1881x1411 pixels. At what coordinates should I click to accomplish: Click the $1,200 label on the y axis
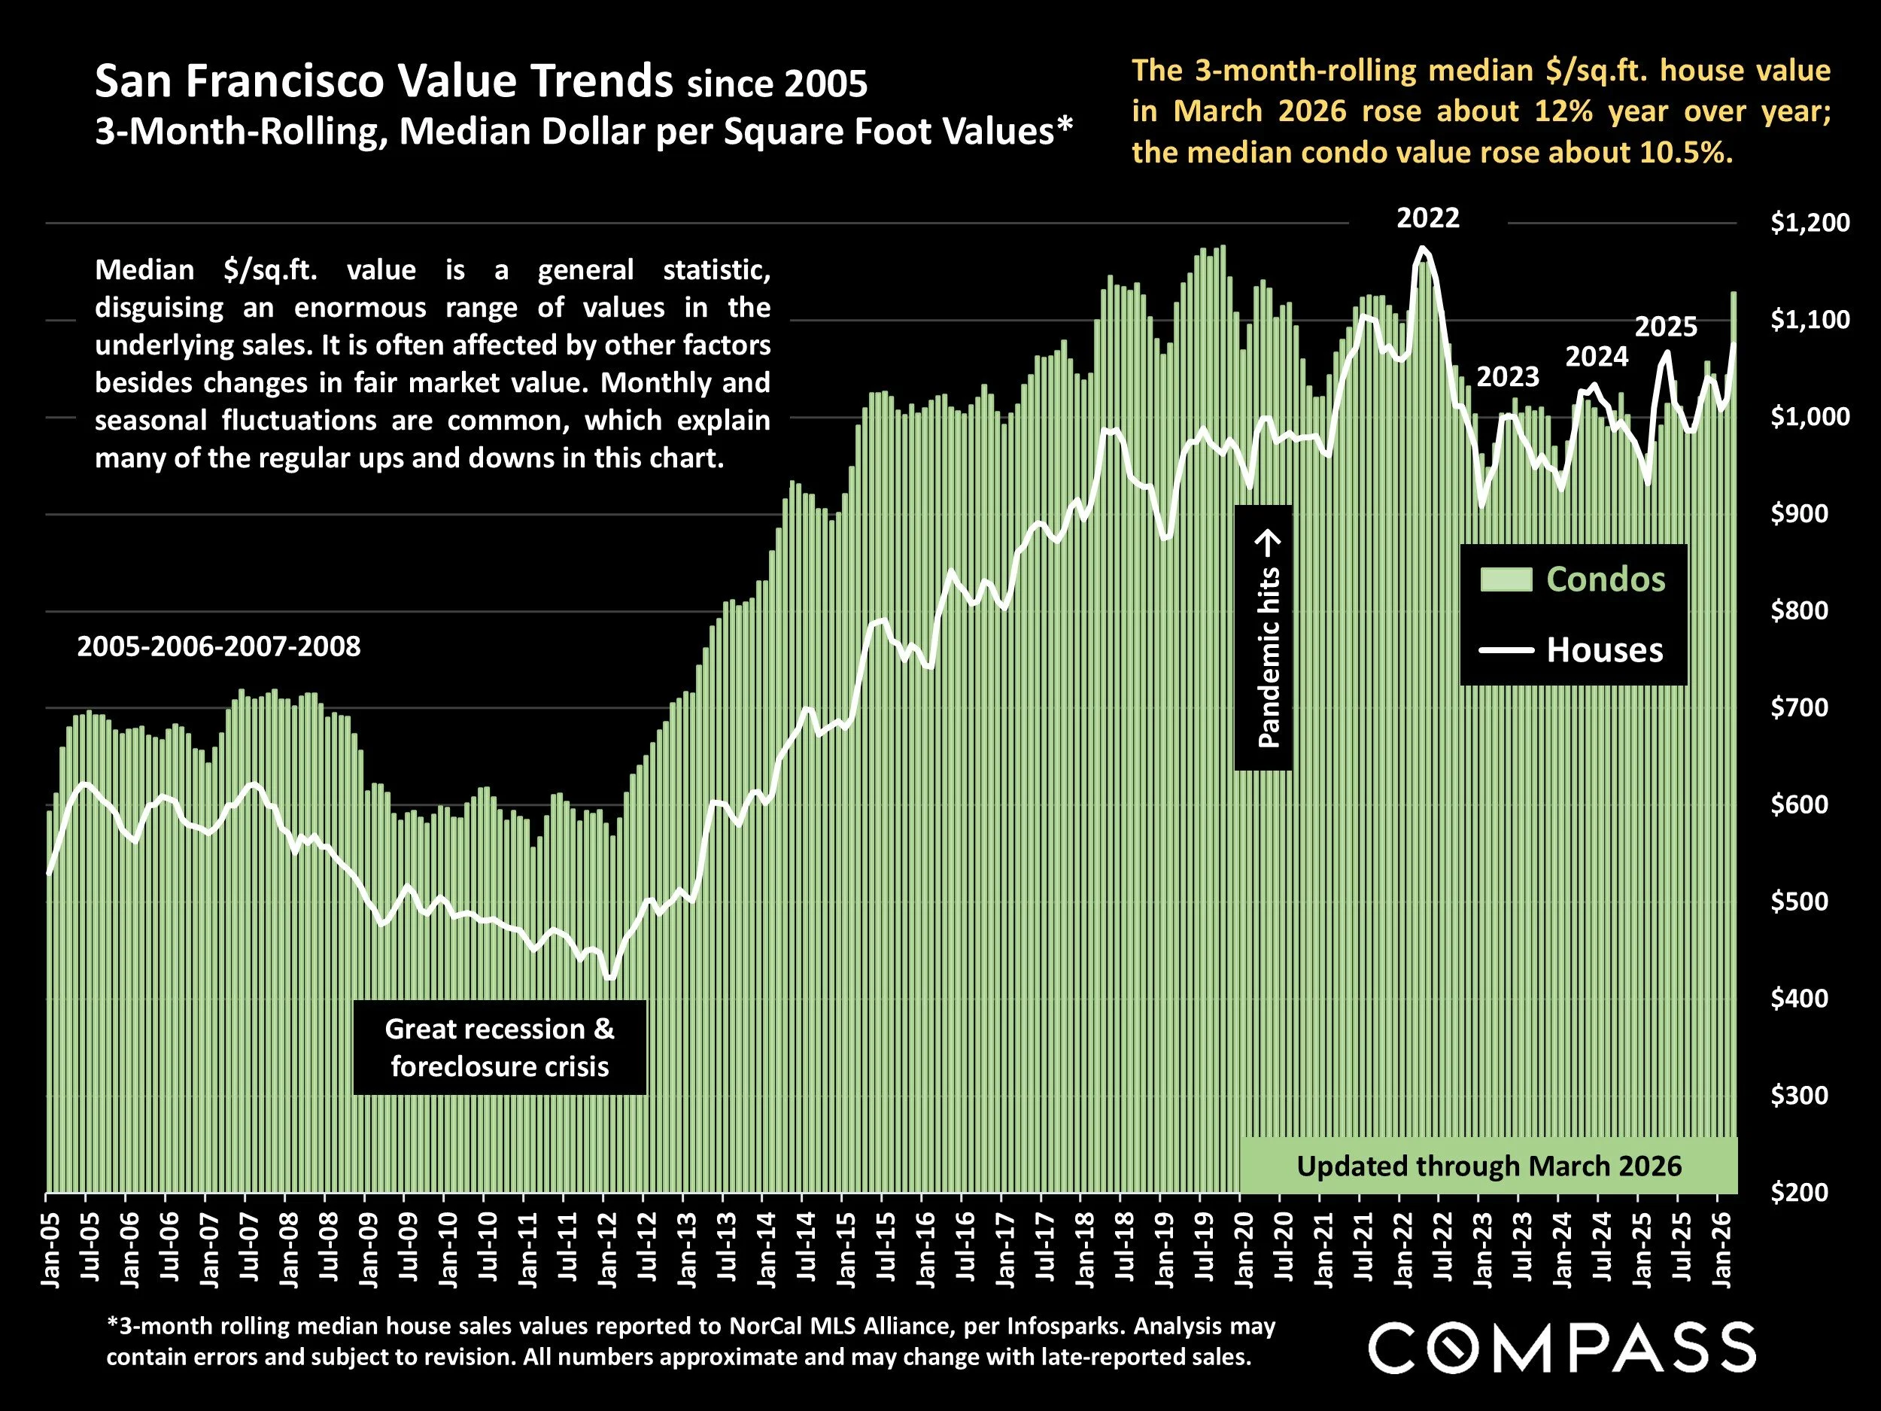1810,223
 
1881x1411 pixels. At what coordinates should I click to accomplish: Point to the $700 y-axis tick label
1798,707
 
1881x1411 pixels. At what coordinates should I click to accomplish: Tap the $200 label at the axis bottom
1798,1193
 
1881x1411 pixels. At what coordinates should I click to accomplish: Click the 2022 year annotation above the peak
1428,218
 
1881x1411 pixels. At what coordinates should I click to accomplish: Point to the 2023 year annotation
1508,377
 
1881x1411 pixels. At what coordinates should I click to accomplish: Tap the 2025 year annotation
1666,327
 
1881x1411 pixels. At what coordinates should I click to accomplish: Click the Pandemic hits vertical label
1267,638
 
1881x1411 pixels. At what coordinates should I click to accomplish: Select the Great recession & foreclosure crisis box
499,1047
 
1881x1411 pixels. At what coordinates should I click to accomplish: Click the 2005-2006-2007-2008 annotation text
218,646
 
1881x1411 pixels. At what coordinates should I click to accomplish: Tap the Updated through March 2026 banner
1488,1165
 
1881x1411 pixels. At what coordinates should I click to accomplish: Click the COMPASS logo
1561,1347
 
